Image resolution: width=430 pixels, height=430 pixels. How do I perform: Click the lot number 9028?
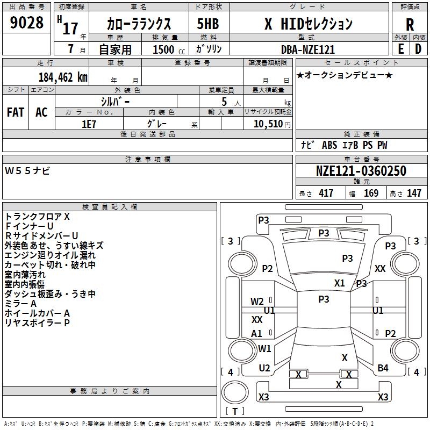pyautogui.click(x=27, y=24)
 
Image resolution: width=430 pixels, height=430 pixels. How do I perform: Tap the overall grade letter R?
pyautogui.click(x=410, y=25)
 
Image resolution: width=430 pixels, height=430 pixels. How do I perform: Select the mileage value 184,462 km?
pyautogui.click(x=63, y=77)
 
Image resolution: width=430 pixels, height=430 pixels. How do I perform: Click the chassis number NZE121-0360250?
pyautogui.click(x=361, y=171)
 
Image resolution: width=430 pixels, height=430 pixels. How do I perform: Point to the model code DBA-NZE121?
pyautogui.click(x=307, y=49)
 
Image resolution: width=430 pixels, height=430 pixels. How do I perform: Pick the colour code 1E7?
pyautogui.click(x=89, y=123)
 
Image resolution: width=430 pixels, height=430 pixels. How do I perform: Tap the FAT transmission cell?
pyautogui.click(x=15, y=112)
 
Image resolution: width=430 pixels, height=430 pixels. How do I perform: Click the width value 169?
pyautogui.click(x=371, y=193)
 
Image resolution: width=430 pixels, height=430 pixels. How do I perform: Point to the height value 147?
pyautogui.click(x=413, y=193)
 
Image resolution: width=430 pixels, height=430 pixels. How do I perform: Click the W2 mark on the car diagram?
pyautogui.click(x=257, y=302)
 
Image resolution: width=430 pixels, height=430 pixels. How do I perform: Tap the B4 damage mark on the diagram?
pyautogui.click(x=383, y=368)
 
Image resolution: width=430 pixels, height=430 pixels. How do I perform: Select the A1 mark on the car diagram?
pyautogui.click(x=257, y=334)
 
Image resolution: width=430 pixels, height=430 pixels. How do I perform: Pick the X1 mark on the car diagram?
pyautogui.click(x=339, y=283)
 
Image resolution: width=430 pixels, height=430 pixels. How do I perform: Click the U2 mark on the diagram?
pyautogui.click(x=264, y=368)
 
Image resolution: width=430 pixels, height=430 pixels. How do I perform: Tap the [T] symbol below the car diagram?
pyautogui.click(x=235, y=411)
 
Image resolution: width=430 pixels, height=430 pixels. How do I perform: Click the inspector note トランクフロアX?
pyautogui.click(x=38, y=217)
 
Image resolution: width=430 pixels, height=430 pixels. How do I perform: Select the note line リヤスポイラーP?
pyautogui.click(x=38, y=322)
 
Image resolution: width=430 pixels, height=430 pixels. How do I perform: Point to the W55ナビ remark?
pyautogui.click(x=27, y=171)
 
